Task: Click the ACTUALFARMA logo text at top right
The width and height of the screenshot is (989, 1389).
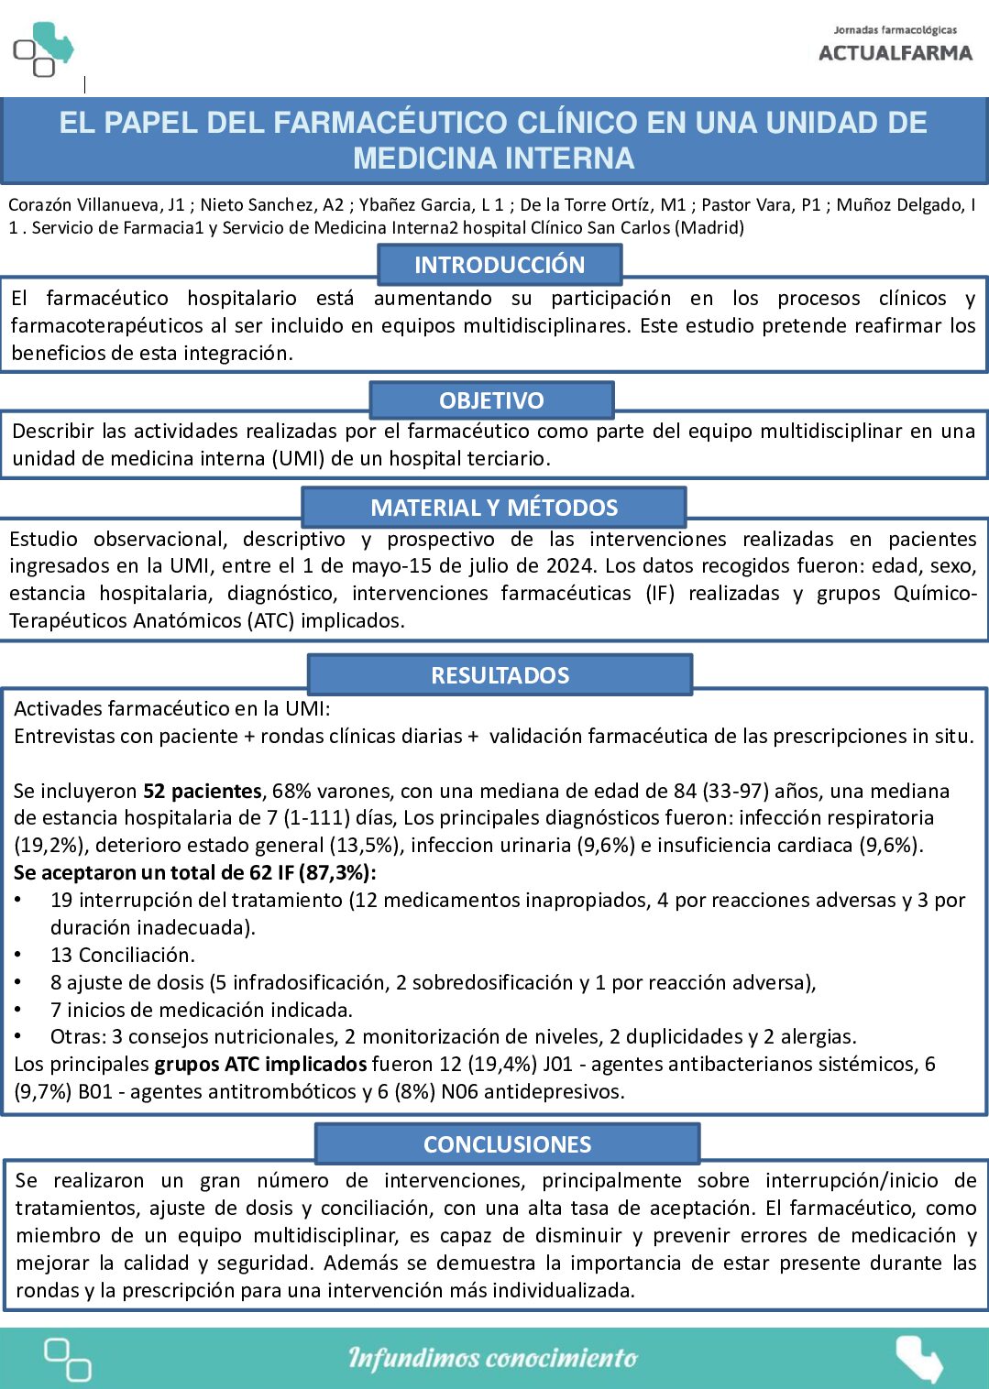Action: [895, 53]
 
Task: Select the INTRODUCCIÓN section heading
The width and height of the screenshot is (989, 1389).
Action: [499, 265]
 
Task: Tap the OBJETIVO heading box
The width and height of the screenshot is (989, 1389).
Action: [491, 400]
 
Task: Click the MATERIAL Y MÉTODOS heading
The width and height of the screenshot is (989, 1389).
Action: [494, 507]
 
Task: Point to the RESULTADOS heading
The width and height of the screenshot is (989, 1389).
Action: [500, 675]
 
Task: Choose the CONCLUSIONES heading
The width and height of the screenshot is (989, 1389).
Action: [507, 1144]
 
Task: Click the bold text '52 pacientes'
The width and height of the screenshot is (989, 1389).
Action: [203, 791]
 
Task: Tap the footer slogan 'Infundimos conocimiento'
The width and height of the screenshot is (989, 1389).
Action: [492, 1358]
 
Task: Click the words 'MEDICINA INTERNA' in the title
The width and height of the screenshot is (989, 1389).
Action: [493, 159]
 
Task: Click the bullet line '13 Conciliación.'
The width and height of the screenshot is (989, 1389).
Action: [123, 955]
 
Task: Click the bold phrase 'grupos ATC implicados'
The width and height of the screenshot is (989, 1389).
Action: [260, 1065]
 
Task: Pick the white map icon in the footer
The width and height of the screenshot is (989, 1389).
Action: [918, 1358]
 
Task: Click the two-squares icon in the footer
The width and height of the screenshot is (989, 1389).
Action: [68, 1359]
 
